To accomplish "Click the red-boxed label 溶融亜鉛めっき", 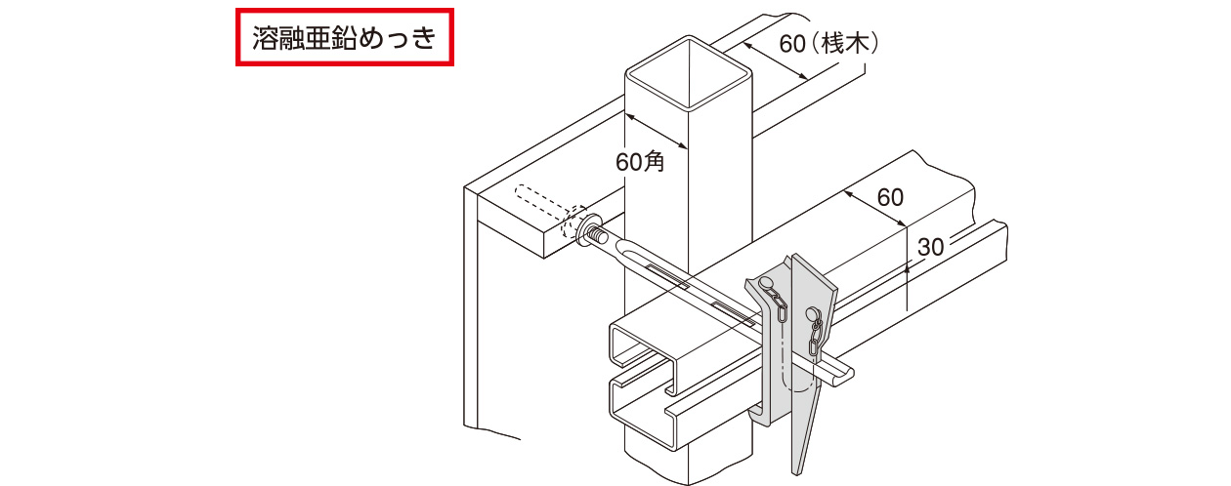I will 344,39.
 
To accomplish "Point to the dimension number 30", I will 931,247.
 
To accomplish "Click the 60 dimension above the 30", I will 890,197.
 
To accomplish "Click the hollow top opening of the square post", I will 689,74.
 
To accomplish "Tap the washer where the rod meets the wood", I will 592,233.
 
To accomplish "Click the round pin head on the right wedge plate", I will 813,313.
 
